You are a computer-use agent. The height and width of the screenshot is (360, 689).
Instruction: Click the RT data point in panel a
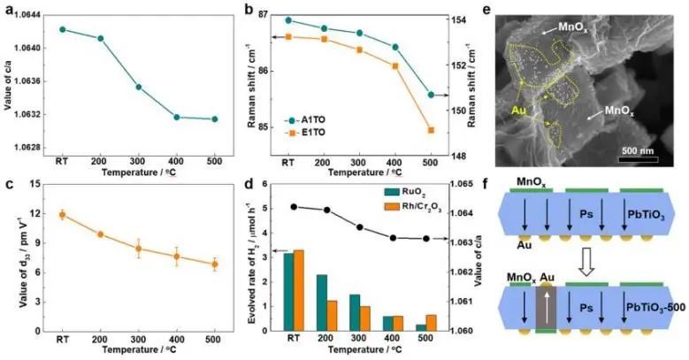coord(63,29)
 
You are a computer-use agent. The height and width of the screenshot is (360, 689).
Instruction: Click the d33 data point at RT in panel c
coord(63,214)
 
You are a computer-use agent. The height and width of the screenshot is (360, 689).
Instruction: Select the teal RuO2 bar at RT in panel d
coord(288,292)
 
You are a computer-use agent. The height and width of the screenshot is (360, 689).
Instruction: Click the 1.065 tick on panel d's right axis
coord(467,184)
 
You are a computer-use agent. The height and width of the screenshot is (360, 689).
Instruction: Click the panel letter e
coord(494,12)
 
